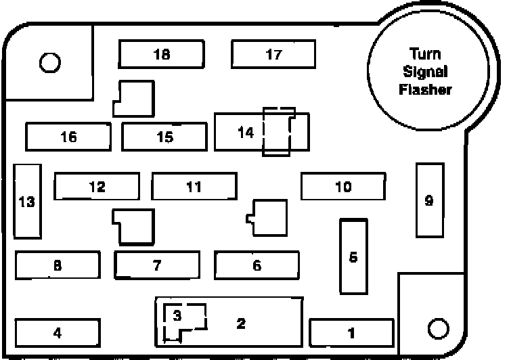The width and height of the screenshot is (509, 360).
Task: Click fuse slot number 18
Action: (x=161, y=54)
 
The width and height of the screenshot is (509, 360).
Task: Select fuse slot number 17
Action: (x=273, y=54)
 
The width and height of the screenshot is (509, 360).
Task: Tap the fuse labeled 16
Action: (x=68, y=137)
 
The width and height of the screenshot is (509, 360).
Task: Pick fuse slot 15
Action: (x=164, y=137)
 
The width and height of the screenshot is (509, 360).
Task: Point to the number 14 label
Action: (x=246, y=133)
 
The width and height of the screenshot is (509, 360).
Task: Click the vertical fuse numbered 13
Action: (x=27, y=201)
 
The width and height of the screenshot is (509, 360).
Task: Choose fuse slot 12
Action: (x=97, y=187)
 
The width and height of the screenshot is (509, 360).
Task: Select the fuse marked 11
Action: (x=194, y=187)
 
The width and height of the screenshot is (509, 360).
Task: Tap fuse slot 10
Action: (x=343, y=187)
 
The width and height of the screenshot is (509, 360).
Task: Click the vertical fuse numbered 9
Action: (x=428, y=200)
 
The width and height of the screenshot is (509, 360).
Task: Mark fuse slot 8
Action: (x=58, y=265)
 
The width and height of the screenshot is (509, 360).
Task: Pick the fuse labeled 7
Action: (x=157, y=265)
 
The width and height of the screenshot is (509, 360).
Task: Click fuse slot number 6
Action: (x=257, y=265)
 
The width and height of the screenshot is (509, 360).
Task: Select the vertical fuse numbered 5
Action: (x=353, y=256)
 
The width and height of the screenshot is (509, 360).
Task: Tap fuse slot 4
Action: (x=58, y=332)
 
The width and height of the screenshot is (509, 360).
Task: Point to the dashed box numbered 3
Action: (x=178, y=316)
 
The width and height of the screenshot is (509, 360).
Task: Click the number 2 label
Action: (x=240, y=323)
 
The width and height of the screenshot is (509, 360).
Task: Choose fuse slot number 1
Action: (x=351, y=332)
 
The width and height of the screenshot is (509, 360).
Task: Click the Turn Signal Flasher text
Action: (x=425, y=71)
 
